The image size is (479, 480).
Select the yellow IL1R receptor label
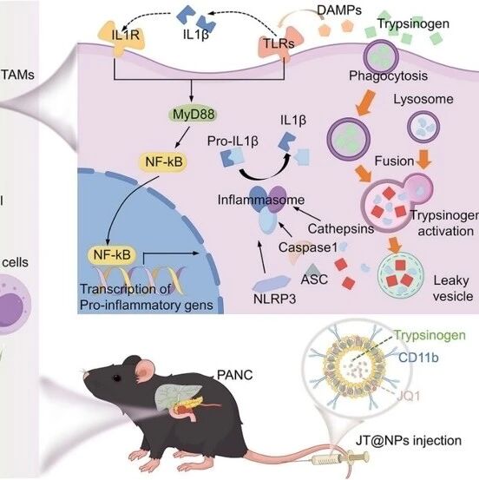(x=126, y=36)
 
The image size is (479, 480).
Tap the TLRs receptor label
(x=279, y=43)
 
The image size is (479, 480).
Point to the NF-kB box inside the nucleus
(x=112, y=254)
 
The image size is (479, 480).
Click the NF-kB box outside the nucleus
(x=164, y=161)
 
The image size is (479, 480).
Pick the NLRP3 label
(x=274, y=299)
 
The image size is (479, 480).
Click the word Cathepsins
(x=341, y=228)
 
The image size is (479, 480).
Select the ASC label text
(x=314, y=279)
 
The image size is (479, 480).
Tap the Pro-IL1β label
(x=233, y=141)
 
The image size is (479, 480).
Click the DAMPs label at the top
(x=339, y=10)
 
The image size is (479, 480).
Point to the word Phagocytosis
(x=388, y=76)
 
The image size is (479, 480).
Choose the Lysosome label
(x=423, y=99)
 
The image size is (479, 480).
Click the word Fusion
(x=394, y=161)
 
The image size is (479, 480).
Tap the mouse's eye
(x=116, y=378)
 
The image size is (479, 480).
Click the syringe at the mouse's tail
(x=340, y=458)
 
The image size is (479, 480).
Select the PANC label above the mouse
(x=235, y=375)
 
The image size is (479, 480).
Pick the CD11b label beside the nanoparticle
(x=418, y=358)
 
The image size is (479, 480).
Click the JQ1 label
(x=409, y=396)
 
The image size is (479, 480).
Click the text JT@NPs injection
(x=409, y=441)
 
